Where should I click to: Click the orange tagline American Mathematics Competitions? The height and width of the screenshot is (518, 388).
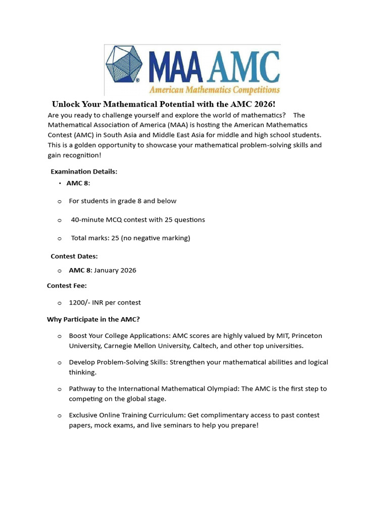[x=214, y=90]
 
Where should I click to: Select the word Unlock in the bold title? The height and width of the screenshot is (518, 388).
[x=66, y=104]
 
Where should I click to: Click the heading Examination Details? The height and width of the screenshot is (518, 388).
[x=84, y=171]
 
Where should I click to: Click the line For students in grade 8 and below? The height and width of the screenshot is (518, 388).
[x=123, y=201]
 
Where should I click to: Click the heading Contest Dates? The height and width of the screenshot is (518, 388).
[x=74, y=256]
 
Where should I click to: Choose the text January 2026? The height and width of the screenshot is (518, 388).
[x=115, y=270]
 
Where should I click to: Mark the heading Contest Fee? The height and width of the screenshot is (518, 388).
[x=67, y=285]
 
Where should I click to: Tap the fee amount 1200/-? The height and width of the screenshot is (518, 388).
[x=80, y=303]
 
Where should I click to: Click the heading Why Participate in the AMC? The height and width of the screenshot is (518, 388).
[x=93, y=319]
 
